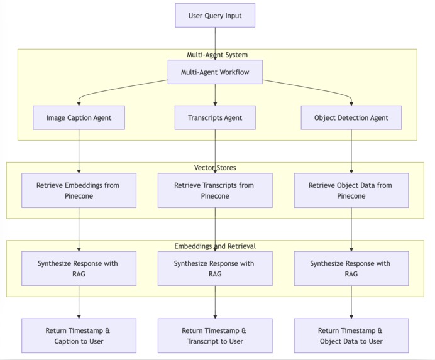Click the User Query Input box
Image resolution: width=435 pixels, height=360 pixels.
pos(215,16)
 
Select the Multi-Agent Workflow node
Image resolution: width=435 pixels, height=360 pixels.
pos(215,72)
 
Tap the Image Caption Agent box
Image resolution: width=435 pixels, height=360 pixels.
pos(79,117)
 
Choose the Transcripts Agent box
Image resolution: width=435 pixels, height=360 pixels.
pos(215,117)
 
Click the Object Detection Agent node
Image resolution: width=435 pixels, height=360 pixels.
pos(351,117)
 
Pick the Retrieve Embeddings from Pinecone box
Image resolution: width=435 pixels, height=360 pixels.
pos(79,190)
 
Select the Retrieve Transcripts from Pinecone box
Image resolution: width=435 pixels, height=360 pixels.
pos(215,190)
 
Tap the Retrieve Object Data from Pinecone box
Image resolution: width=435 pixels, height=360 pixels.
pos(351,190)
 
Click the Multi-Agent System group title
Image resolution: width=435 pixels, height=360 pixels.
pos(217,55)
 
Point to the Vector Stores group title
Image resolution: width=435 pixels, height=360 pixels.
pos(215,168)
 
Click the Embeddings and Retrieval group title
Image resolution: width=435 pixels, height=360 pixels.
pos(215,246)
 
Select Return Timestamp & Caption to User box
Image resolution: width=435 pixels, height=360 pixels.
pos(79,335)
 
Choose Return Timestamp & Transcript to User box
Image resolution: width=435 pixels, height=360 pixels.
pos(215,335)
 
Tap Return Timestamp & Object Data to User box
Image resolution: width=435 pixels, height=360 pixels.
pos(351,335)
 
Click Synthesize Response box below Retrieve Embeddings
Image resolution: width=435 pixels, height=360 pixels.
pos(79,268)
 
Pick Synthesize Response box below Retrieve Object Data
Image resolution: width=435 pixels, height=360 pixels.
pos(351,268)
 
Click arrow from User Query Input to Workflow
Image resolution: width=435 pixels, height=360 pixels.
pos(215,44)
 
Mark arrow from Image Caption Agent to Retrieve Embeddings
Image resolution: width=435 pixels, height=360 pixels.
pos(79,151)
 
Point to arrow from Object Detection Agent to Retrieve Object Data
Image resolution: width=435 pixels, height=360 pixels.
pos(351,151)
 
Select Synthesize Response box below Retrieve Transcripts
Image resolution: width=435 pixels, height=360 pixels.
pos(215,268)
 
